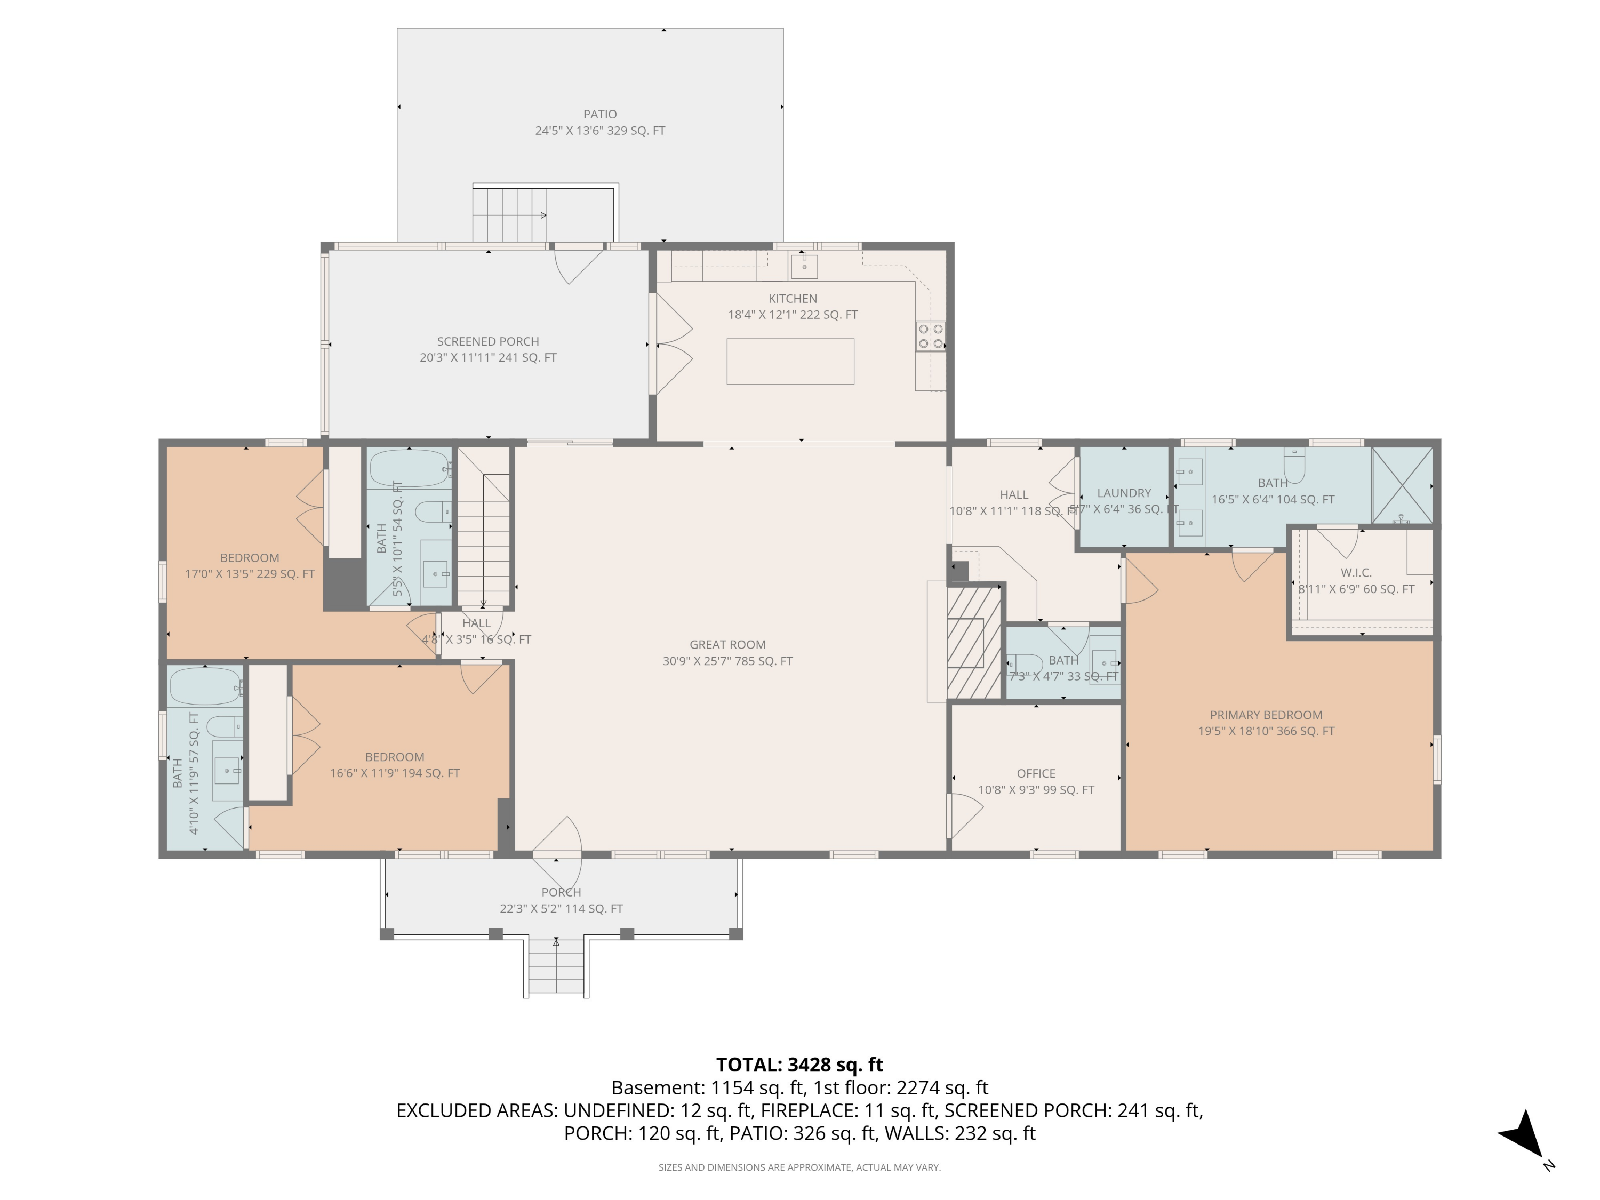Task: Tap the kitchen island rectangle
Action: (x=790, y=361)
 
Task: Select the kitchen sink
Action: (x=804, y=266)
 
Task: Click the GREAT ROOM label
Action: (x=727, y=644)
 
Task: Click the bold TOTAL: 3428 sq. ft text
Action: (x=799, y=1065)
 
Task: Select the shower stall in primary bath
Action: (x=1402, y=485)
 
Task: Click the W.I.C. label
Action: (x=1356, y=573)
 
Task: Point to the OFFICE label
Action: (x=1036, y=773)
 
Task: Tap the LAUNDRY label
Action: (x=1123, y=493)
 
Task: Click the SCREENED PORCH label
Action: (x=487, y=341)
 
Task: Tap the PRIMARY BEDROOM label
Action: (x=1266, y=715)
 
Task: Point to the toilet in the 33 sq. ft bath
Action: (x=1024, y=663)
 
